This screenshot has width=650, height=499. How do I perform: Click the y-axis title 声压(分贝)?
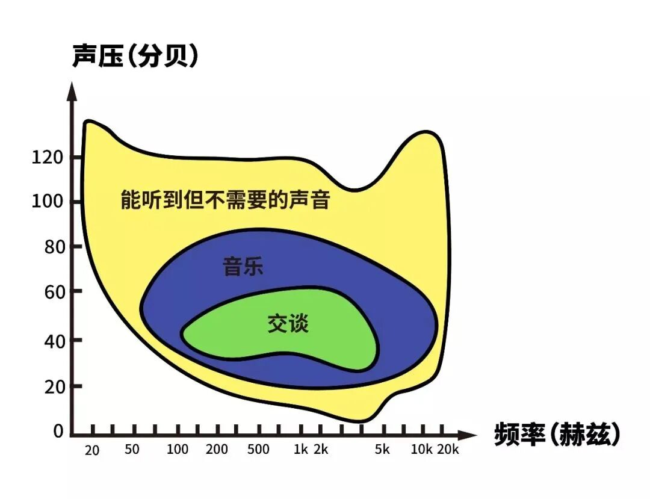click(135, 57)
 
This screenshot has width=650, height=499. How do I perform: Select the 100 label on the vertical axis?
click(47, 201)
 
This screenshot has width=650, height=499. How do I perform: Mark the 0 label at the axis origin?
click(58, 431)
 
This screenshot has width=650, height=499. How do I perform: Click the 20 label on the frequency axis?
click(92, 450)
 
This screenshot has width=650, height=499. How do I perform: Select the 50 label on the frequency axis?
click(132, 449)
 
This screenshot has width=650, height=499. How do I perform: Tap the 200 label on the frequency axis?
click(217, 449)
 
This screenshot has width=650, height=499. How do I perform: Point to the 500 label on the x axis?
click(258, 449)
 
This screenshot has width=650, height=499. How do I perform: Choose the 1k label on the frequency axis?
click(301, 449)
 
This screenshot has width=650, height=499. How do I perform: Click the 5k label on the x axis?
click(382, 449)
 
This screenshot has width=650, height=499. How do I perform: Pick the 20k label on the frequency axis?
click(448, 449)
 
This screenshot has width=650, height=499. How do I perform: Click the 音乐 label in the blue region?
click(243, 266)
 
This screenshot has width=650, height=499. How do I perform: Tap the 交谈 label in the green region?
click(288, 324)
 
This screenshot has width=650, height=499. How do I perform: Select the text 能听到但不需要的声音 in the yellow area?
click(225, 199)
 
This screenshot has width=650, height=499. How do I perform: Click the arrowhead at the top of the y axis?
click(72, 90)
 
